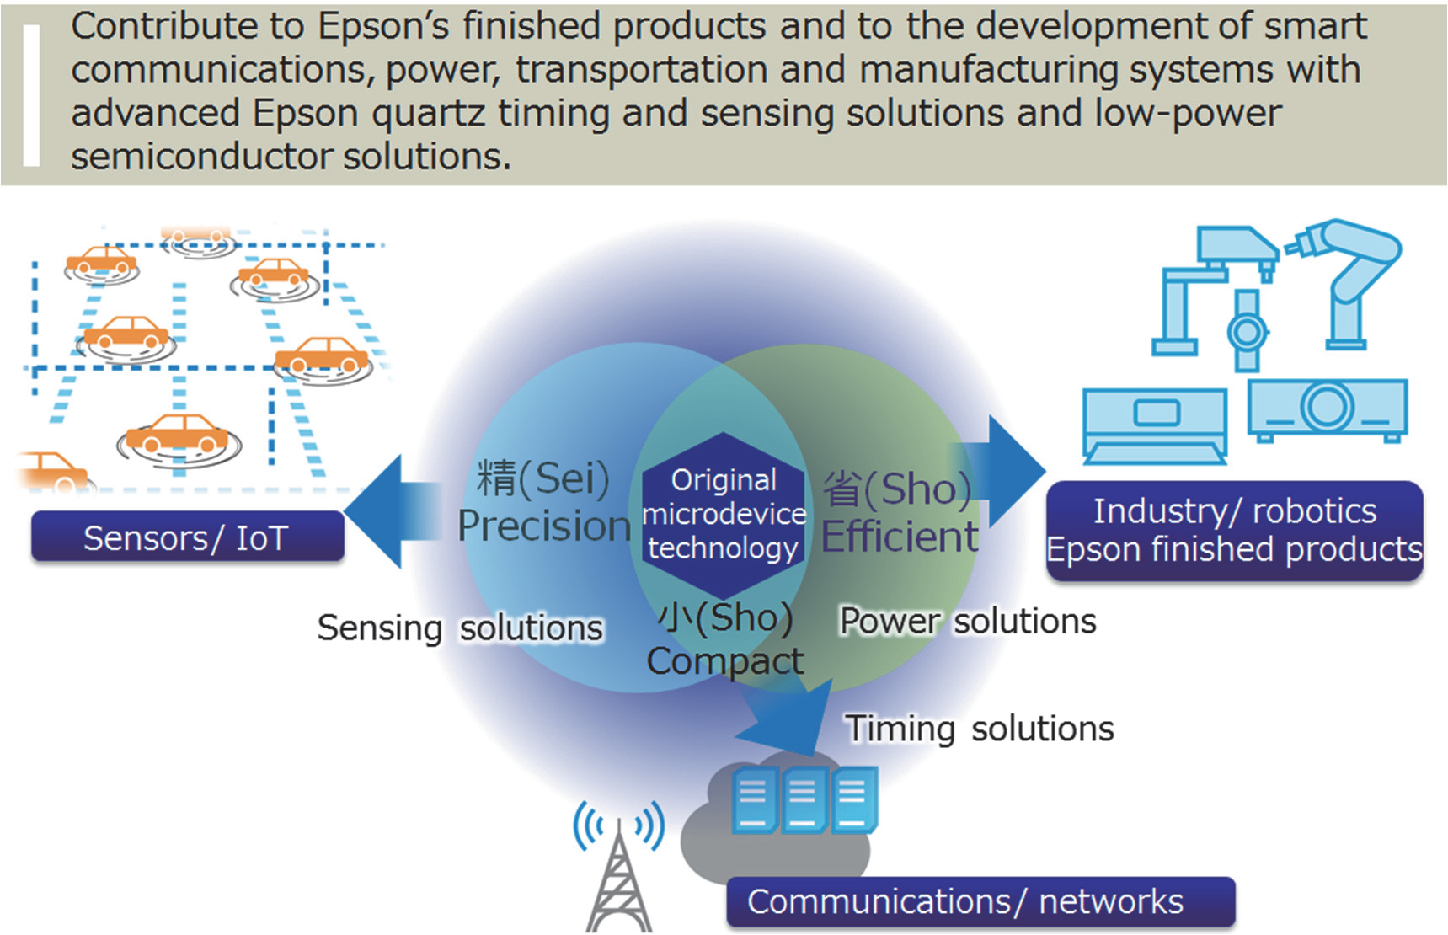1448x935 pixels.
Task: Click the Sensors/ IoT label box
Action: (x=187, y=537)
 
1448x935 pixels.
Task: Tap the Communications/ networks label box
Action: (x=980, y=901)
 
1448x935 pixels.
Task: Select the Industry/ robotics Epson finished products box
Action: (x=1234, y=530)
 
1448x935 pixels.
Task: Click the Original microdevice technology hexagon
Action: (x=723, y=514)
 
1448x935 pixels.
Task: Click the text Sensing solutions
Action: (x=460, y=628)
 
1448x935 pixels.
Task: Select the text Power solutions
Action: (x=968, y=622)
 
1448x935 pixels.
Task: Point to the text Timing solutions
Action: (x=979, y=729)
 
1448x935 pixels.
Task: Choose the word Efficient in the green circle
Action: (x=900, y=537)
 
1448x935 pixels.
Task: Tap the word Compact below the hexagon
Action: (x=724, y=661)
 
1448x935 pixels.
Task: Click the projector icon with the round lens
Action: (x=1327, y=409)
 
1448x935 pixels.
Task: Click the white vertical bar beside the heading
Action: (x=32, y=94)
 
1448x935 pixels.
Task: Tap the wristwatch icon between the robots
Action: (x=1247, y=331)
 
